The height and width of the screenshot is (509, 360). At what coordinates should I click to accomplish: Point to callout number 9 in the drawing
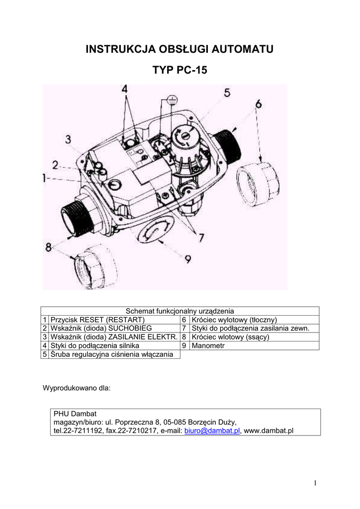pyautogui.click(x=188, y=259)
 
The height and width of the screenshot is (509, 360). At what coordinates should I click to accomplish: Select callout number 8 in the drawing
pyautogui.click(x=48, y=246)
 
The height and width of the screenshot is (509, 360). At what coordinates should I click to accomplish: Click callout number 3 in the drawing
pyautogui.click(x=68, y=139)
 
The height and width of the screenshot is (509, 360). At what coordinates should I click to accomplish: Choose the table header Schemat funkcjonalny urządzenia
pyautogui.click(x=180, y=311)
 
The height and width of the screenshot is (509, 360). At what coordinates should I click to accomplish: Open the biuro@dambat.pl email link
pyautogui.click(x=212, y=430)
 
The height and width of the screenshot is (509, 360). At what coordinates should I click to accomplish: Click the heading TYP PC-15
pyautogui.click(x=180, y=71)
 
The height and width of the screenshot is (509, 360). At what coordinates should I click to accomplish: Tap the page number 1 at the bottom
pyautogui.click(x=315, y=483)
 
